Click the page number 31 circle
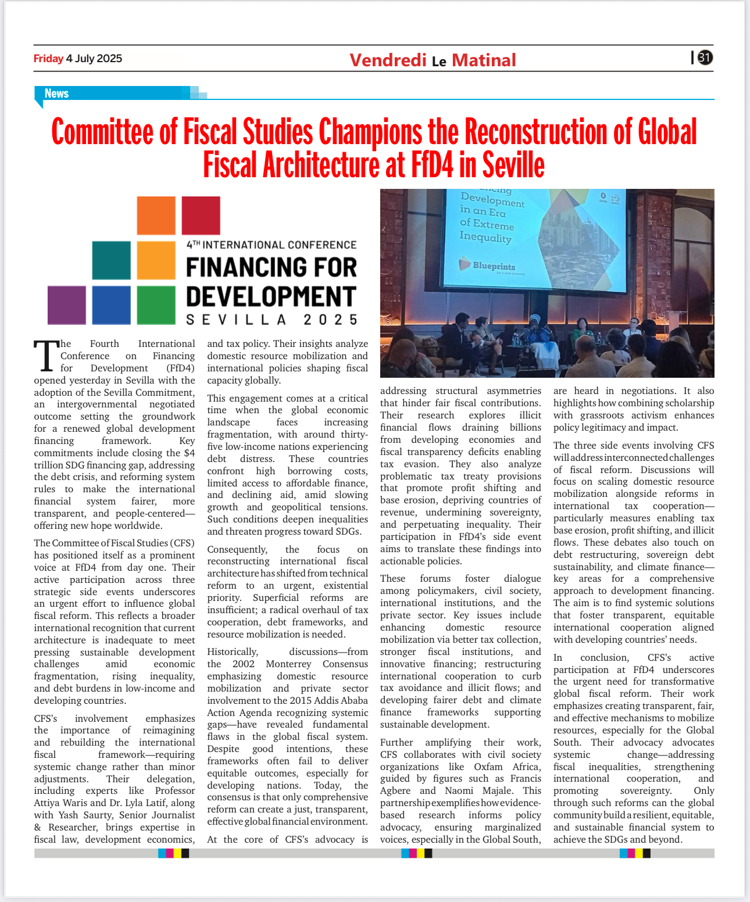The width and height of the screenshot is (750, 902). [705, 58]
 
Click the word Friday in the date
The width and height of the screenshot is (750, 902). [48, 58]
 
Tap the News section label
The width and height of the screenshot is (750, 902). [56, 94]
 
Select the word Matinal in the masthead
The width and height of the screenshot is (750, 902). [484, 60]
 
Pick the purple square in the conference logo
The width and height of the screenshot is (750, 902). [66, 305]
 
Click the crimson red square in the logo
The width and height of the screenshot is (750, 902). [201, 216]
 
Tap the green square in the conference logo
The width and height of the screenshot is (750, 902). [156, 305]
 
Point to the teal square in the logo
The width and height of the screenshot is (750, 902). [111, 260]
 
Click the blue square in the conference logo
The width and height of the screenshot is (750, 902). [111, 305]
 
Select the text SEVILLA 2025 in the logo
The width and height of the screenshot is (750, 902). [272, 320]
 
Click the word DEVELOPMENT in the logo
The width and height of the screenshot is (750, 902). [271, 296]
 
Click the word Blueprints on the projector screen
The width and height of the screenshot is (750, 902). [494, 266]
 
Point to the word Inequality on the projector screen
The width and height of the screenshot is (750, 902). [485, 237]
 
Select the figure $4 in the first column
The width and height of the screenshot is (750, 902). [189, 453]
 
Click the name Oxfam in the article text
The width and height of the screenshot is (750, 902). [488, 767]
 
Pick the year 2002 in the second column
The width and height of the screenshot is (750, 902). [244, 664]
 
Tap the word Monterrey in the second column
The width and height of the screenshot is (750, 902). [290, 664]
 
